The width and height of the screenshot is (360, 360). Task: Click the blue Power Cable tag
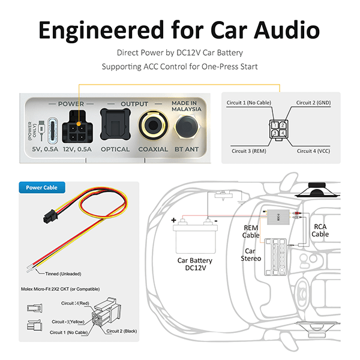(x=42, y=187)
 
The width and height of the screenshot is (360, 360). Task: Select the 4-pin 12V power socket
(x=77, y=124)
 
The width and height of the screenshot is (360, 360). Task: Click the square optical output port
(x=115, y=124)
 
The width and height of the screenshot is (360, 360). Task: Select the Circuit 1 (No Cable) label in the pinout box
(x=245, y=103)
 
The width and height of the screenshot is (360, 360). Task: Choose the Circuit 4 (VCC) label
(x=313, y=151)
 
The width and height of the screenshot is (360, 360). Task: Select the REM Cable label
(x=251, y=232)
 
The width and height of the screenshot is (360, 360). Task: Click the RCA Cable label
(x=320, y=230)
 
